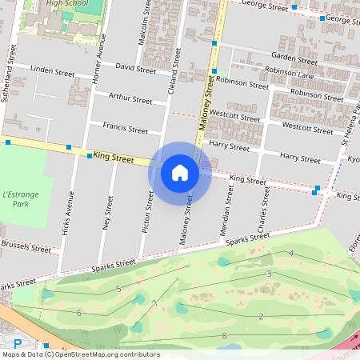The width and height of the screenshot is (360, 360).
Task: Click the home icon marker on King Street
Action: tap(180, 172)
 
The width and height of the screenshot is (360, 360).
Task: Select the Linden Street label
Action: tap(52, 71)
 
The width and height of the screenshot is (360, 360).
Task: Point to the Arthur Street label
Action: tap(130, 100)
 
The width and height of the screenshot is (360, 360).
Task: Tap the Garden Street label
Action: tap(294, 57)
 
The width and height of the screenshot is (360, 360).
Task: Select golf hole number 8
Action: tap(224, 335)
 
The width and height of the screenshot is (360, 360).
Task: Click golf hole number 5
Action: tap(118, 288)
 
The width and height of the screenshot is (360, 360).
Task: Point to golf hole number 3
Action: tap(269, 274)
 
